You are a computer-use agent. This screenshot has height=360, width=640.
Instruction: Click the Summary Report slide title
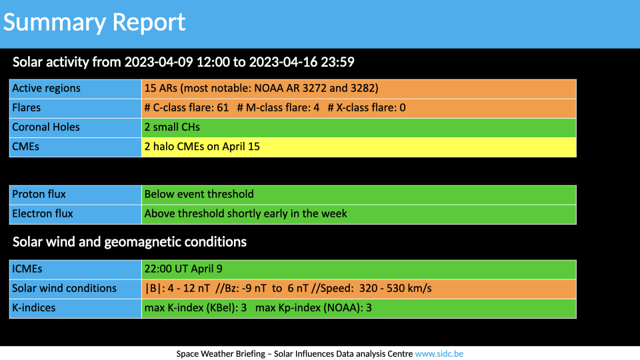tap(94, 22)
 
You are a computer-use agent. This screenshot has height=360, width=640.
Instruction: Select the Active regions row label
tap(46, 88)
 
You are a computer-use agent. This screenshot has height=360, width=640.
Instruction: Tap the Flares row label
tap(27, 108)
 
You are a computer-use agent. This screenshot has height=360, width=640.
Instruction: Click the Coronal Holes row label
tap(46, 127)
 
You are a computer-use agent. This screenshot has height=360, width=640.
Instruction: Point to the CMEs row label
tap(26, 147)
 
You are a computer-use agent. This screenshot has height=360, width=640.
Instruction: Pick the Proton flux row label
tap(39, 194)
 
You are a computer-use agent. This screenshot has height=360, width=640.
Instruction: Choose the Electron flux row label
tap(43, 214)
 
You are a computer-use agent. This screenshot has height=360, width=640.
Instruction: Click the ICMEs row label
tap(27, 269)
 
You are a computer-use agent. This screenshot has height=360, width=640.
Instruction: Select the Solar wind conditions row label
tap(64, 289)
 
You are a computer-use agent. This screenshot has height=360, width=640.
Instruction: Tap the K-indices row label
tap(33, 308)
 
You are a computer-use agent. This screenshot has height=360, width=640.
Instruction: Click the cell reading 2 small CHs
tap(359, 128)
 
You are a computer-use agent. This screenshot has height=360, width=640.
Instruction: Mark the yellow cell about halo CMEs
tap(359, 147)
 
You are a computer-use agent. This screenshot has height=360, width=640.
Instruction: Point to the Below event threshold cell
tap(359, 195)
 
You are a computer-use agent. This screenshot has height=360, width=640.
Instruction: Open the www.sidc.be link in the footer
tap(439, 354)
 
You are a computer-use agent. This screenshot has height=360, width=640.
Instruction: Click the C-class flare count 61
tap(223, 108)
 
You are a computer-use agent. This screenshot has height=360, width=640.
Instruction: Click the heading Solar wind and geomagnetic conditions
tap(129, 242)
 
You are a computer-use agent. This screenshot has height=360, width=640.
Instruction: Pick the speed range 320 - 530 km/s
tap(395, 289)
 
